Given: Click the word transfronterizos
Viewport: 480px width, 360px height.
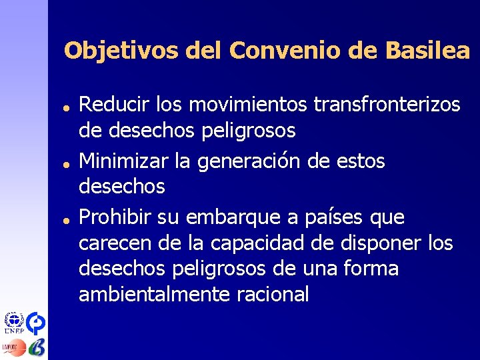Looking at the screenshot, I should [x=387, y=104].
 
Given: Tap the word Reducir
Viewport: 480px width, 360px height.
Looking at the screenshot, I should [x=114, y=104].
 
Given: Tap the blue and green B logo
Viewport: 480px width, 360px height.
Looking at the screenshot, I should [x=37, y=347].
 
